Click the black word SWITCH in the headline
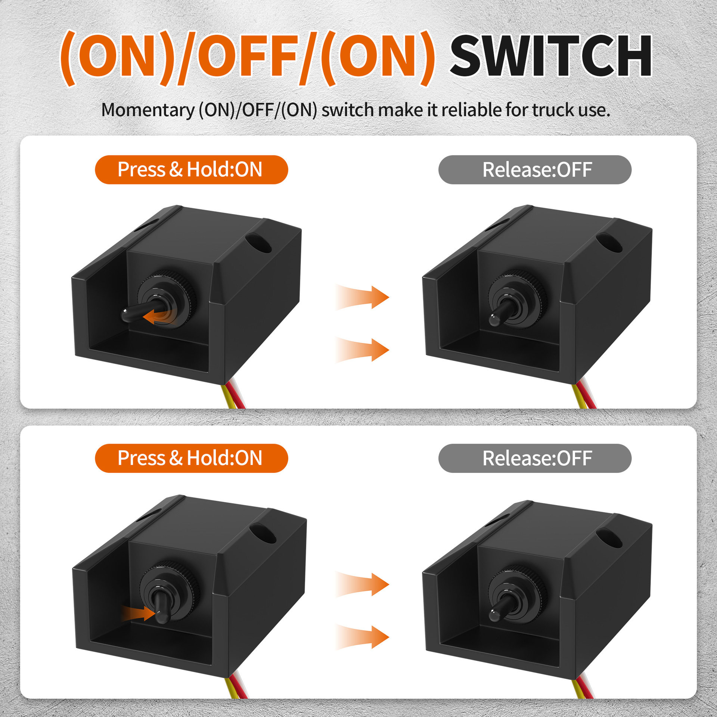(x=551, y=56)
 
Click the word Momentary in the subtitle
(x=148, y=111)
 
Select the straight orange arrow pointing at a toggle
(x=137, y=613)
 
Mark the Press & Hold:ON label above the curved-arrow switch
(x=191, y=170)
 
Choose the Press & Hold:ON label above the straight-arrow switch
(x=191, y=458)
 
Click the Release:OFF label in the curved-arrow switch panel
(x=535, y=170)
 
